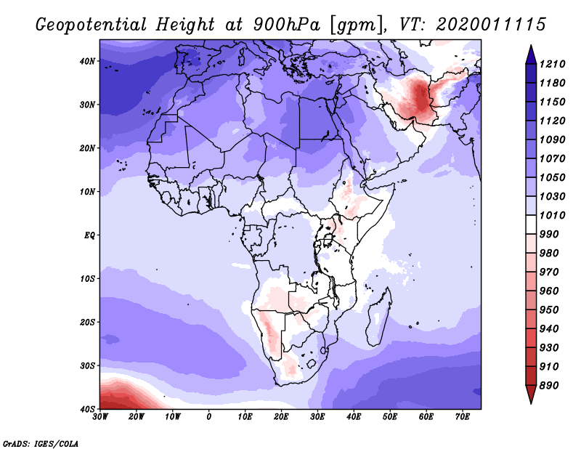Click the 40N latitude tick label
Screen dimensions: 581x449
tap(87, 61)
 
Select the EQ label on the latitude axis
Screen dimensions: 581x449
tap(89, 235)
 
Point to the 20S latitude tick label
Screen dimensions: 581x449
tap(87, 322)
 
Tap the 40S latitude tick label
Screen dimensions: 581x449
tap(87, 409)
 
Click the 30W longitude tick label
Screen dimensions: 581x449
tap(100, 417)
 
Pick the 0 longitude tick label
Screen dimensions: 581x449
tap(209, 417)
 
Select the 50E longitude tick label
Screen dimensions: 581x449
tap(390, 417)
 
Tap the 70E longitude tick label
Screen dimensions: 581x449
tap(462, 417)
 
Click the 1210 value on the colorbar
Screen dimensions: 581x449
tap(552, 64)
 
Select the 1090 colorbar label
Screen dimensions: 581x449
tap(552, 139)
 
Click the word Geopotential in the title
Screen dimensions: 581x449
tap(92, 25)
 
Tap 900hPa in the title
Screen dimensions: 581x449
tap(286, 25)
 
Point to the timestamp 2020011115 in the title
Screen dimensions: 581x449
tap(491, 25)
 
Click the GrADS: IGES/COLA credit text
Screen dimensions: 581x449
tap(41, 443)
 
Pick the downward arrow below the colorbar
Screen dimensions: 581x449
tap(531, 395)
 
